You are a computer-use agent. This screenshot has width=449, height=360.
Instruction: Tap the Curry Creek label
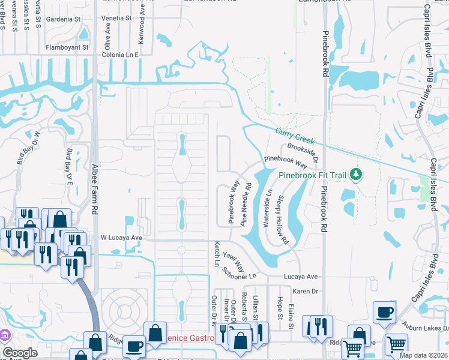[295, 136]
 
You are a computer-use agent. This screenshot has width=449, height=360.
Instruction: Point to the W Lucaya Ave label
[121, 238]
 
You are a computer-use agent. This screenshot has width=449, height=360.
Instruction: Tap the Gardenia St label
[64, 19]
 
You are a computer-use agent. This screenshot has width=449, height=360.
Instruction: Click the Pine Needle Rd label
[246, 204]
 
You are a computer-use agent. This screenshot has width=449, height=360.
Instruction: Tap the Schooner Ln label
[239, 272]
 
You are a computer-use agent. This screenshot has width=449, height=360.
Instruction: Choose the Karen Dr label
[305, 291]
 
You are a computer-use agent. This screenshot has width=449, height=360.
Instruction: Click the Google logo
[20, 353]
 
